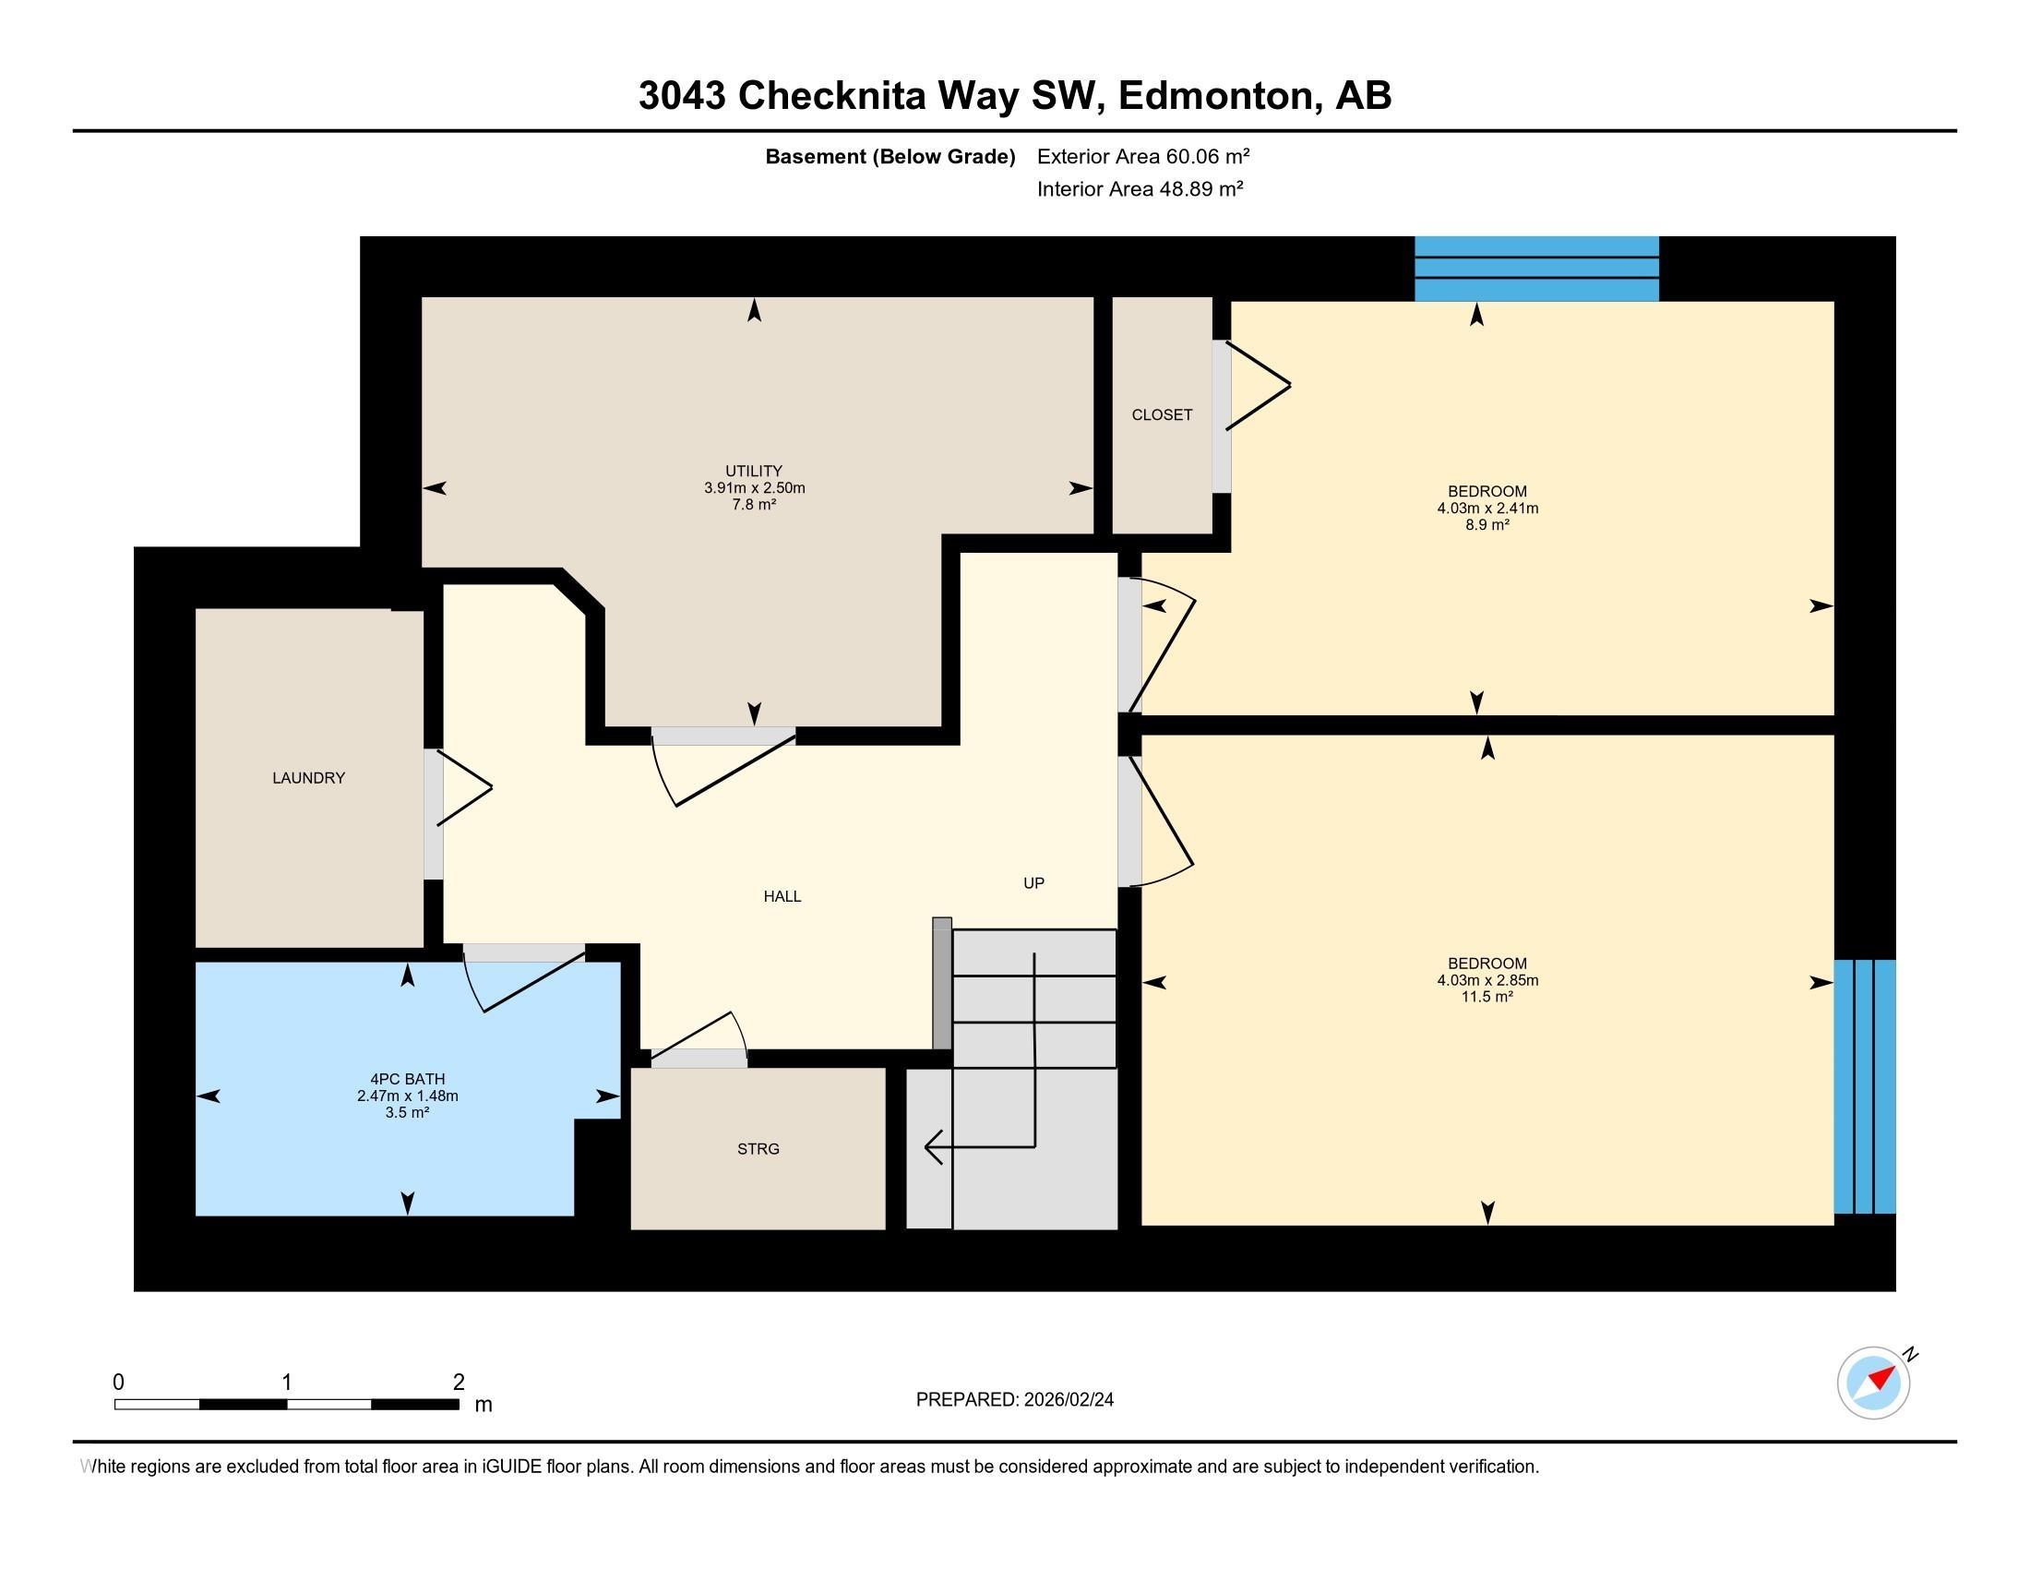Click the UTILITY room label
coord(754,472)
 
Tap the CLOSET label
coord(1162,415)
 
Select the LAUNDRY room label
coord(308,778)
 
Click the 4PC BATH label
coord(407,1079)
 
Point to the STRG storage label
coord(758,1149)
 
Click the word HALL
coord(782,896)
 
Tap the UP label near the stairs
coord(1033,883)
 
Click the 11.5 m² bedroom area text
coord(1487,997)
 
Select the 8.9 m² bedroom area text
coord(1487,525)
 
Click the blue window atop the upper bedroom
coord(1536,268)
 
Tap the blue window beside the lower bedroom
coord(1865,1086)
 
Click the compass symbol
coord(1873,1383)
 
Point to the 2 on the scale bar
coord(459,1383)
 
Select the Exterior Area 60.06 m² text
coord(1143,156)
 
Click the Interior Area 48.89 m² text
coord(1140,189)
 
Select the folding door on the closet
coord(1257,386)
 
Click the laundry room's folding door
coord(463,788)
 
